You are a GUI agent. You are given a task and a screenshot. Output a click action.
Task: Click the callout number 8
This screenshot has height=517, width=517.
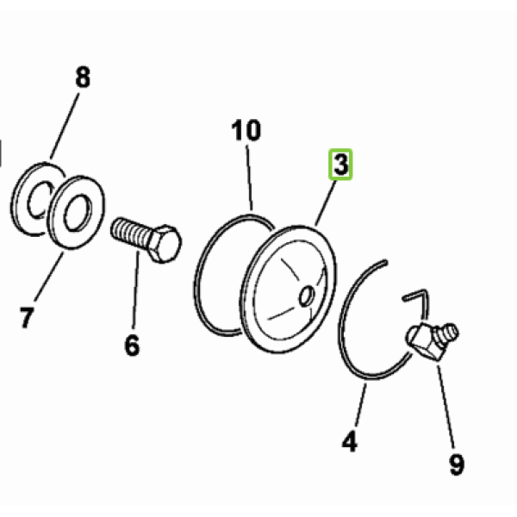pyautogui.click(x=83, y=78)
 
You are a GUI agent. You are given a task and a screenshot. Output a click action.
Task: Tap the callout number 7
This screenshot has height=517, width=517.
pyautogui.click(x=27, y=317)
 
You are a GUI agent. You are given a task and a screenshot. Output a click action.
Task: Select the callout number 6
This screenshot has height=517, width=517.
pyautogui.click(x=133, y=345)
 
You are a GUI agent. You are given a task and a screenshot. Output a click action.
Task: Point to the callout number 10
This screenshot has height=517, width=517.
pyautogui.click(x=246, y=130)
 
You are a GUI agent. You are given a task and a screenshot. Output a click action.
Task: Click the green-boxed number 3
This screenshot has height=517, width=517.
pyautogui.click(x=340, y=165)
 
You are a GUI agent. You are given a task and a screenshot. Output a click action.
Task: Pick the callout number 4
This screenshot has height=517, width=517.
pyautogui.click(x=350, y=441)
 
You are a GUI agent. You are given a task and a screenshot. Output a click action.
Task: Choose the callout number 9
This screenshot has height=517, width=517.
pyautogui.click(x=457, y=464)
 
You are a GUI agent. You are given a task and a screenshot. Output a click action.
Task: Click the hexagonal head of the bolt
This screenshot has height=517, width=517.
pyautogui.click(x=165, y=243)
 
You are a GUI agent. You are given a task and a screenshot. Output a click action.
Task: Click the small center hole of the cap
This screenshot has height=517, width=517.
pyautogui.click(x=307, y=296)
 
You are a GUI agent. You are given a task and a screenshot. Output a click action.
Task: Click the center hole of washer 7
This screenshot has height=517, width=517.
pyautogui.click(x=78, y=213)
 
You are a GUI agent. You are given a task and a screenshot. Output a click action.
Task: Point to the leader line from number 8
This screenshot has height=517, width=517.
pyautogui.click(x=65, y=126)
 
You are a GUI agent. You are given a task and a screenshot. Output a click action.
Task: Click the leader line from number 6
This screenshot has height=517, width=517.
pyautogui.click(x=136, y=290)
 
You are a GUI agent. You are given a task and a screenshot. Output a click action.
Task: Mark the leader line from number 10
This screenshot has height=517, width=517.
pyautogui.click(x=249, y=178)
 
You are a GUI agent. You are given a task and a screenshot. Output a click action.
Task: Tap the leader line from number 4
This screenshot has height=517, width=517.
pyautogui.click(x=361, y=405)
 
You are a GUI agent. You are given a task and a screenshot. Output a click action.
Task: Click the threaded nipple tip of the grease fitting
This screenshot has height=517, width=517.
pyautogui.click(x=449, y=332)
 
